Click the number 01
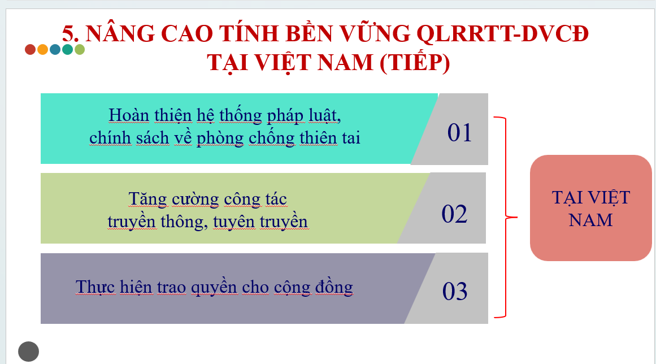pos(459,133)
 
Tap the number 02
pos(454,214)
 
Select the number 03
pos(455,291)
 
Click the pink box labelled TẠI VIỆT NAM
pos(590,208)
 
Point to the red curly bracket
pos(506,217)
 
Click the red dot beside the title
pos(30,49)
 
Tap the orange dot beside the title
pos(43,49)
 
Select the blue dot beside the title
pos(55,49)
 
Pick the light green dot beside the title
pos(80,49)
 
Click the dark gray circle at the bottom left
pos(28,352)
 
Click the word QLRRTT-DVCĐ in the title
pos(502,33)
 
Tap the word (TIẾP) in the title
pos(415,63)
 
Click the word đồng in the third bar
pos(334,288)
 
